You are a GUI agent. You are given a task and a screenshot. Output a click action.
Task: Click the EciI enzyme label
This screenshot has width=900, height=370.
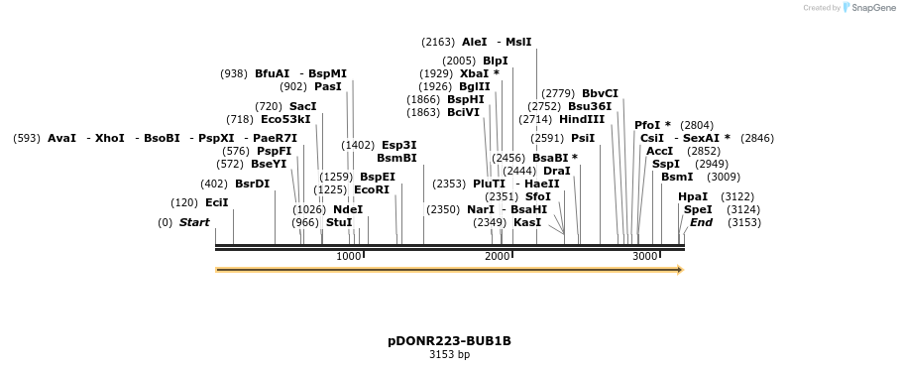pos(216,202)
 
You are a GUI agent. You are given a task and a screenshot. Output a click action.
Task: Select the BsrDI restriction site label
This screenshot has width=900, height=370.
pos(252,184)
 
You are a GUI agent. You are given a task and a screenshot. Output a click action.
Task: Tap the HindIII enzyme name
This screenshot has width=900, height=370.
pos(582,119)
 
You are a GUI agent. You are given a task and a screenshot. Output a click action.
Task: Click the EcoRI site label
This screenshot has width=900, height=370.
pos(372,189)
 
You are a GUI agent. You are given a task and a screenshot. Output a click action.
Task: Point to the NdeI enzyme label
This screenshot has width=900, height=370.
pos(348,209)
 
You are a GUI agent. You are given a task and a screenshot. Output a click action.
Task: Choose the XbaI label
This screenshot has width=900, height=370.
pos(474,73)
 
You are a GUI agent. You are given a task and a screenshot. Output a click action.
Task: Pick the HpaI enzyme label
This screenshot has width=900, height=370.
pos(693,196)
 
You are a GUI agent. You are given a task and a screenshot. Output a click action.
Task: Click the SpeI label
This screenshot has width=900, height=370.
pos(698,209)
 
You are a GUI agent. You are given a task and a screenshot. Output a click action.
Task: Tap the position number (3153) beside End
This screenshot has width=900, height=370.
pos(743,222)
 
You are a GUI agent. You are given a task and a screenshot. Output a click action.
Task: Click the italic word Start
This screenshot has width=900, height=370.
pos(194,222)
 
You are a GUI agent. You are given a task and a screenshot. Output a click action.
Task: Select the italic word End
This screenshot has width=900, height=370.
pos(701,222)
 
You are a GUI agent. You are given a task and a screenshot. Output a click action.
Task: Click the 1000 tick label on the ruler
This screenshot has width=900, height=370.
pos(349,256)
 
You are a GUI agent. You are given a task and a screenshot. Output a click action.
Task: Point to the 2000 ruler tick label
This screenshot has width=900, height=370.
pos(498,256)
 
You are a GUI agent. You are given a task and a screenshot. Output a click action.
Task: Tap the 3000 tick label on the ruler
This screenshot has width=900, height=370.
pos(645,256)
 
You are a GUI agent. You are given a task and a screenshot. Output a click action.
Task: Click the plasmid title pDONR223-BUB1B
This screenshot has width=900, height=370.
pos(449,340)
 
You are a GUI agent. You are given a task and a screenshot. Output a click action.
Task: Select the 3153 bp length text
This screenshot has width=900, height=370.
pos(449,354)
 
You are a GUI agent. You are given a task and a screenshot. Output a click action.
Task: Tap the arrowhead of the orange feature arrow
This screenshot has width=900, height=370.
pos(679,270)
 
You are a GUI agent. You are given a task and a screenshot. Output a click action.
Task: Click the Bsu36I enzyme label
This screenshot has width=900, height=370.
pos(590,106)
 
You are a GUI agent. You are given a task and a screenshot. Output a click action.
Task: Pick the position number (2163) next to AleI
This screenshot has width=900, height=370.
pos(438,42)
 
